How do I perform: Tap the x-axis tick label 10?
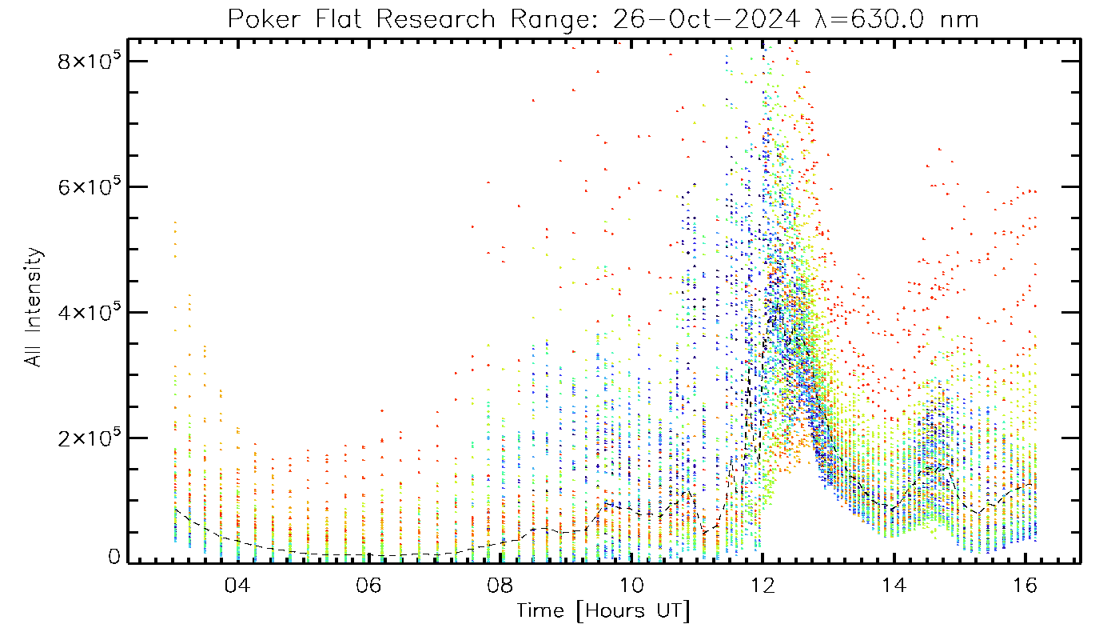point(631,585)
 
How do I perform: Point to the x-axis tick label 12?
point(763,585)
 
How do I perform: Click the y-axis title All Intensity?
point(34,308)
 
